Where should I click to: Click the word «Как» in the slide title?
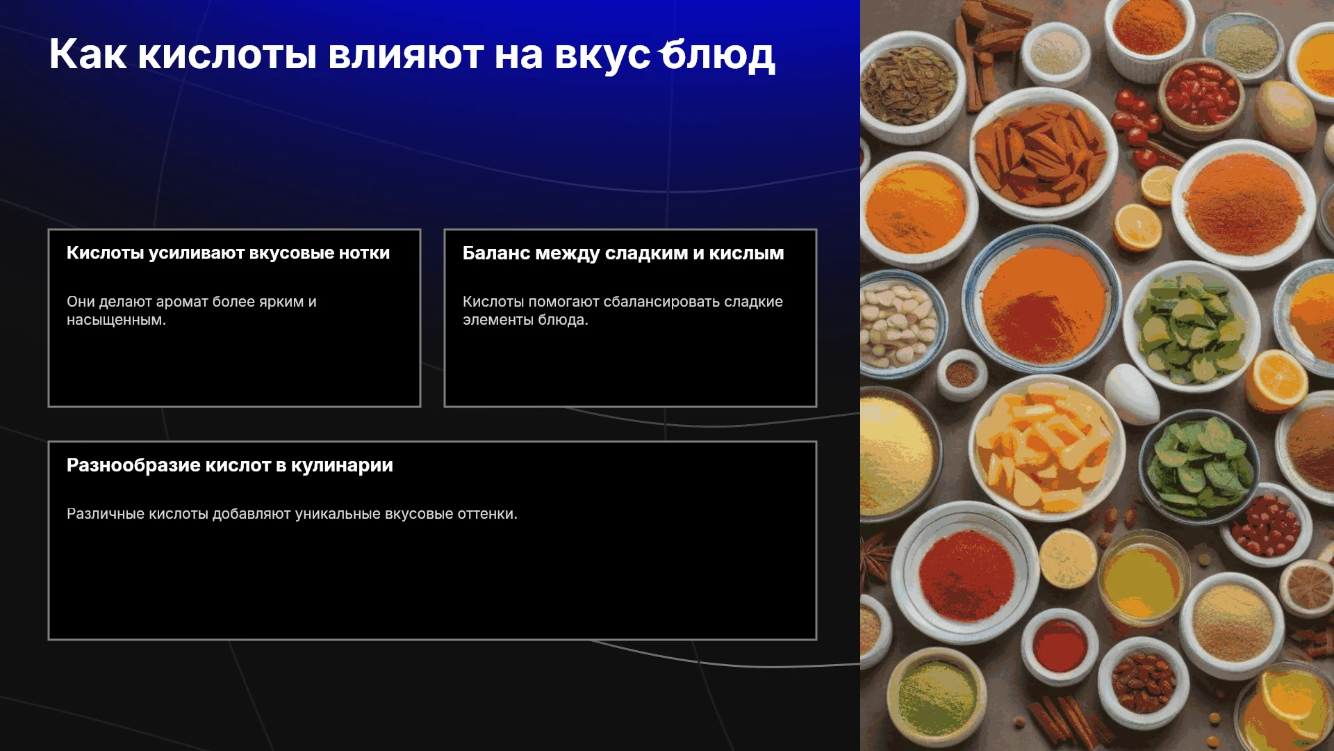pyautogui.click(x=88, y=54)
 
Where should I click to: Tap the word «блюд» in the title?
pyautogui.click(x=717, y=55)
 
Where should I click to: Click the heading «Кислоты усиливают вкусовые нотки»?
pyautogui.click(x=228, y=253)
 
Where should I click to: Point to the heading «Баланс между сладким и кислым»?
pyautogui.click(x=623, y=254)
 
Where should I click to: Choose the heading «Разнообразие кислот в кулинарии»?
pyautogui.click(x=230, y=465)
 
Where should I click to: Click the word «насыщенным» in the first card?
pyautogui.click(x=115, y=321)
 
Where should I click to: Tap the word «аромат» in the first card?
pyautogui.click(x=182, y=302)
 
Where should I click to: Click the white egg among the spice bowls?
pyautogui.click(x=1131, y=394)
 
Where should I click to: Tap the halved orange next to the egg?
pyautogui.click(x=1277, y=381)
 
